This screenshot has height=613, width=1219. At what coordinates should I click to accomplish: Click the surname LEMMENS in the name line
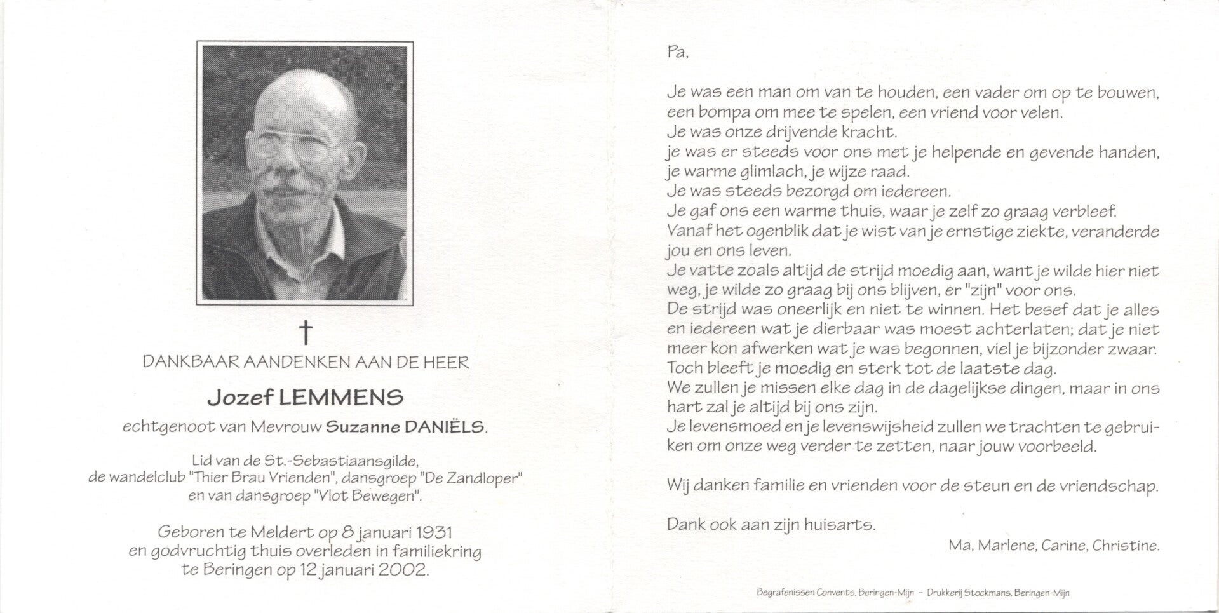pos(342,398)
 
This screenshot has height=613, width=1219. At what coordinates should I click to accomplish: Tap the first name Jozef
pos(239,398)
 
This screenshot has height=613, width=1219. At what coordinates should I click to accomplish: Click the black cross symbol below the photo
pos(306,332)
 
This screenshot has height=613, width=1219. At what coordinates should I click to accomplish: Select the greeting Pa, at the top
pos(678,53)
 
